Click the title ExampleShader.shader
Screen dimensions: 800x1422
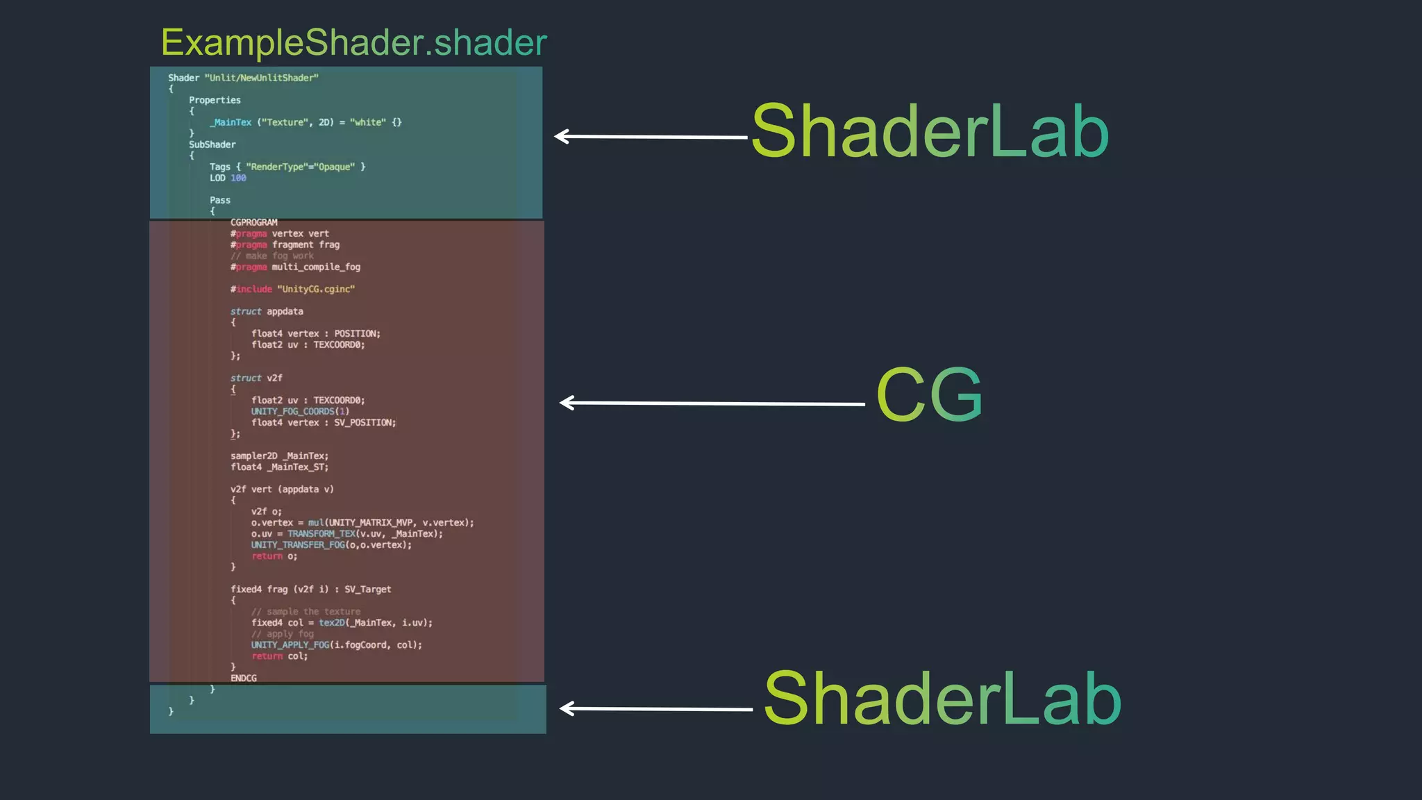point(353,42)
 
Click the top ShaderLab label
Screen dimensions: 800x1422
point(930,131)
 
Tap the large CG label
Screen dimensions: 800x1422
point(929,394)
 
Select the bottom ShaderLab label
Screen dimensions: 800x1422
point(942,699)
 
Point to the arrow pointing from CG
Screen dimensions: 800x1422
point(712,403)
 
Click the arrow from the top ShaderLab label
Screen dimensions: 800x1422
point(651,137)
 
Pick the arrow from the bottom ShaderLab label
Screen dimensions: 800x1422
point(656,708)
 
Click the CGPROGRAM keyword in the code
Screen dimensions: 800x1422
point(253,222)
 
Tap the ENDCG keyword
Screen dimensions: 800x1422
point(244,678)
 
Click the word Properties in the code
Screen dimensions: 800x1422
point(215,100)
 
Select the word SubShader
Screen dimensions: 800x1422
point(212,144)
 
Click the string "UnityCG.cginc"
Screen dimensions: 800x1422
point(316,289)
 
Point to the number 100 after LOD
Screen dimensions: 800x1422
point(238,178)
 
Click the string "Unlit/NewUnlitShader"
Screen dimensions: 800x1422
point(261,78)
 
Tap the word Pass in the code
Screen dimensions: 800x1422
point(220,200)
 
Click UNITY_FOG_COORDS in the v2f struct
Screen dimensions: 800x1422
point(292,411)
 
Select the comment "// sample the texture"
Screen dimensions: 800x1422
point(306,611)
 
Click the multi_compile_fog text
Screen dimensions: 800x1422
point(316,267)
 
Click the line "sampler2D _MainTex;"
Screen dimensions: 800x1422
point(279,456)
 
